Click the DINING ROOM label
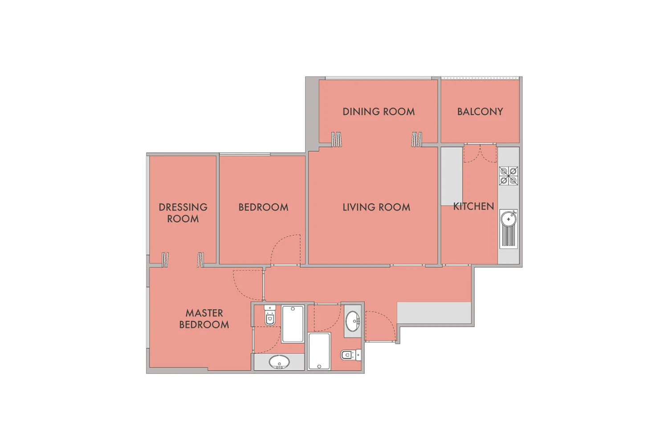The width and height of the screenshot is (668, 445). (x=379, y=112)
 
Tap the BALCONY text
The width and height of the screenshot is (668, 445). (x=480, y=112)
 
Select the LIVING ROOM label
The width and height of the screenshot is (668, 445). (x=376, y=207)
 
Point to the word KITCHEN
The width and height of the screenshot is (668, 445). (x=473, y=206)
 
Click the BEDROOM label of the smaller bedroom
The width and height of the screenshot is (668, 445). (x=263, y=207)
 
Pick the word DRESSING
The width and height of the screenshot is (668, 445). (x=183, y=207)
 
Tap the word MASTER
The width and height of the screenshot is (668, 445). (x=204, y=313)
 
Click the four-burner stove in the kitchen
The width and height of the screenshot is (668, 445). (x=509, y=176)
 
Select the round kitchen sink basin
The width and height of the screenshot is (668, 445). (x=509, y=219)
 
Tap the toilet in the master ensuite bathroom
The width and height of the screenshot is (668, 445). (x=270, y=315)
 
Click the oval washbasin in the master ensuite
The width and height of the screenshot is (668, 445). (x=279, y=362)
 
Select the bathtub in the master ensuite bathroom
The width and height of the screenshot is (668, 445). (x=293, y=324)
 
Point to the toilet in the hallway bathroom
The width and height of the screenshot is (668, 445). (x=351, y=355)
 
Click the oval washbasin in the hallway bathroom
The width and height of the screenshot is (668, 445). (x=353, y=321)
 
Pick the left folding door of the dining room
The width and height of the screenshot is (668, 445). (x=336, y=139)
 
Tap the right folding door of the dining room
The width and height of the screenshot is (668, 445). (x=416, y=139)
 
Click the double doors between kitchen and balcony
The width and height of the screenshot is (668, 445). (x=480, y=153)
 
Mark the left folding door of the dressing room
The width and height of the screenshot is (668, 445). (x=165, y=260)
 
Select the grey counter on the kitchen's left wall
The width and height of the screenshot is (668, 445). (x=452, y=176)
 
